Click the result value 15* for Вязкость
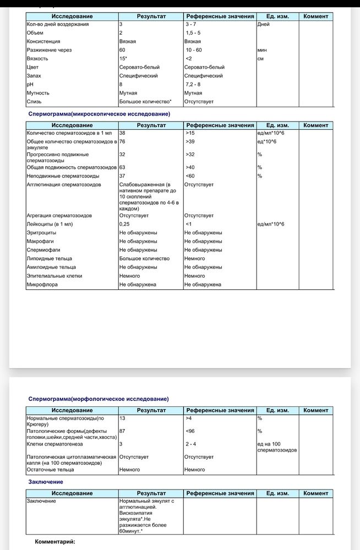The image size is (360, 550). tap(124, 58)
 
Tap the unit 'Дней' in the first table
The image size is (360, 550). tap(263, 24)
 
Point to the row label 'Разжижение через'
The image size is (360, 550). tap(49, 50)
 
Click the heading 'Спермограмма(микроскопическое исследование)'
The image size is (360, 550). tap(99, 114)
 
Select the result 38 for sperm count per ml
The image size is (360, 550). tap(123, 133)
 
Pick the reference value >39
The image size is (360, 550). tap(190, 142)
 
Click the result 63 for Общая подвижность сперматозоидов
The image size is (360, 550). tap(123, 167)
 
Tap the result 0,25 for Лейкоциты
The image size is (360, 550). tap(124, 224)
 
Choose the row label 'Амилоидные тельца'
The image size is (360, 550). tap(51, 267)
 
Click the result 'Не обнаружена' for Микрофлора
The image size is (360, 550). tap(138, 284)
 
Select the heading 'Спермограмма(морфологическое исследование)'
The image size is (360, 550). tap(99, 399)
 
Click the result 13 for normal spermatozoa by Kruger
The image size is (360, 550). tap(123, 419)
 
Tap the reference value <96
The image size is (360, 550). tap(190, 431)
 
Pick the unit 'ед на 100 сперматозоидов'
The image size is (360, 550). tap(277, 447)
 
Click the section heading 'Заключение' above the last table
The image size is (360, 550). tap(45, 482)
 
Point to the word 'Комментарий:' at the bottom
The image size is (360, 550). tap(55, 542)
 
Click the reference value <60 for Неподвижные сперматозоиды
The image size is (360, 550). tap(190, 176)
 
